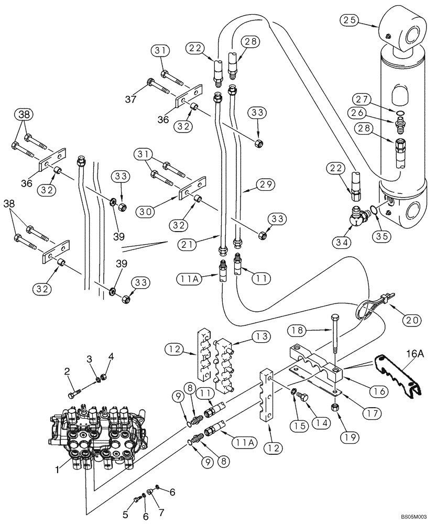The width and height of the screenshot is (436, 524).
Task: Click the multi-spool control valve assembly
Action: tap(97, 430)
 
